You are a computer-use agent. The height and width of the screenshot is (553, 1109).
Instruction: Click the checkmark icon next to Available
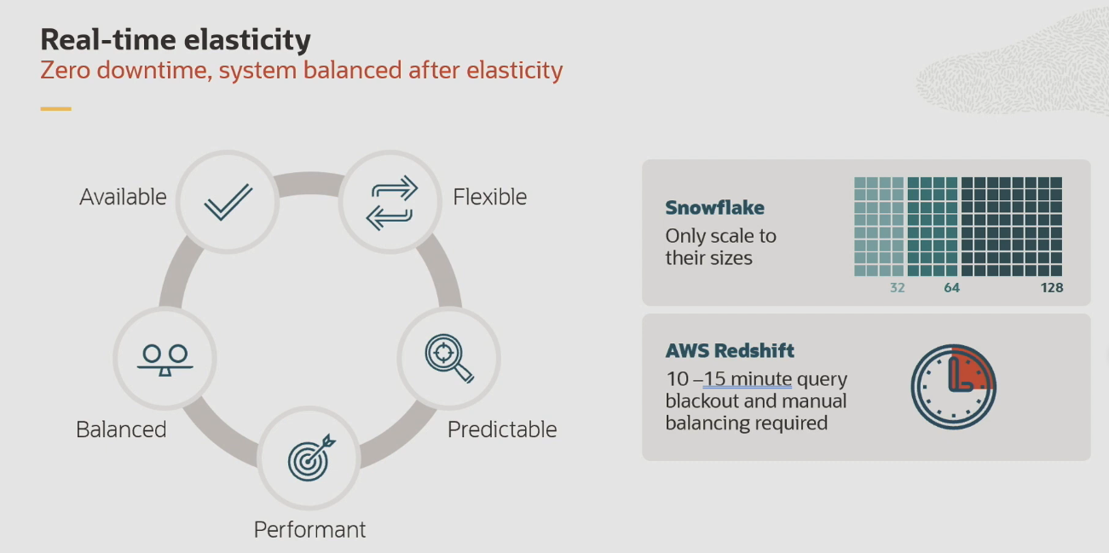[x=228, y=202]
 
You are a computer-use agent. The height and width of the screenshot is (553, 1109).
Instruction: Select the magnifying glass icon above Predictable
[x=449, y=359]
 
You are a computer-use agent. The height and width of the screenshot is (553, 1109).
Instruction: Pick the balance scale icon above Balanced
[x=165, y=359]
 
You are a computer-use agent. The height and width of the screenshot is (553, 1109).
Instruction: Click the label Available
[x=123, y=197]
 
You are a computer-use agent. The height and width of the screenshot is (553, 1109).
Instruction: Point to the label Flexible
[x=489, y=197]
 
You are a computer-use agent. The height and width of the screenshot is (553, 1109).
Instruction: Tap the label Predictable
[x=502, y=429]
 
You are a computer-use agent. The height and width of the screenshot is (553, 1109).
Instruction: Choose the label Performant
[x=309, y=529]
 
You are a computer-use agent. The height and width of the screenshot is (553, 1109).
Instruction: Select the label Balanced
[x=121, y=429]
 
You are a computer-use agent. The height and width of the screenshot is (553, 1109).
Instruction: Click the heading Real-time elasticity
[x=176, y=39]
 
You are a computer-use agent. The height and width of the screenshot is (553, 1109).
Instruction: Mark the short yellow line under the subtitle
[x=55, y=109]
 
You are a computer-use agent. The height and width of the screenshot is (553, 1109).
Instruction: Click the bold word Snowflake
[x=714, y=207]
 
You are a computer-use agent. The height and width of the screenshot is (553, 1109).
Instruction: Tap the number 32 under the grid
[x=897, y=288]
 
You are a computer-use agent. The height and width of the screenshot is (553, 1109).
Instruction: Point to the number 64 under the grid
[x=951, y=288]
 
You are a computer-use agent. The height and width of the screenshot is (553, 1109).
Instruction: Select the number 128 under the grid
[x=1051, y=288]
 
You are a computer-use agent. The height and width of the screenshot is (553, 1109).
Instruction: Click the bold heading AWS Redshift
[x=730, y=350]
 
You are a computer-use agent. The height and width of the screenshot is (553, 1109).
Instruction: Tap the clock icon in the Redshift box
[x=953, y=387]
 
